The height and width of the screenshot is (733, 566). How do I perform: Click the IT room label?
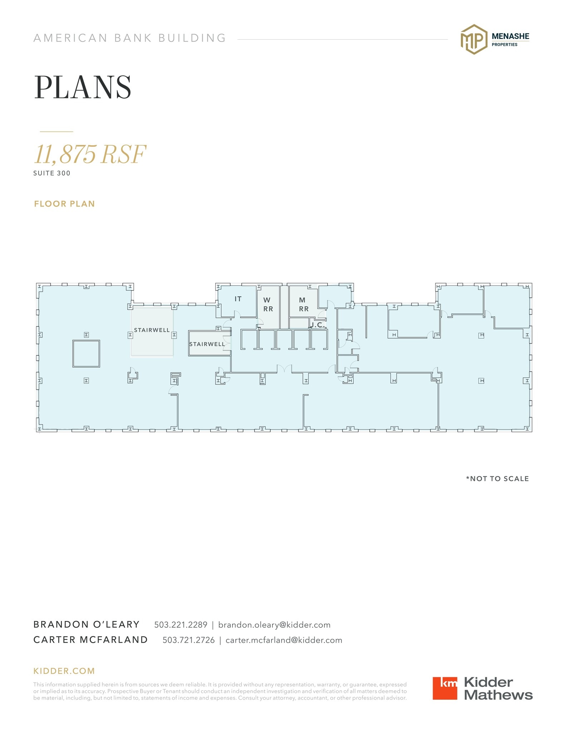[238, 299]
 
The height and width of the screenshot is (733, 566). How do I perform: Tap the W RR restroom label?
[268, 304]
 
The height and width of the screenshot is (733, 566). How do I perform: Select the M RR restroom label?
[303, 304]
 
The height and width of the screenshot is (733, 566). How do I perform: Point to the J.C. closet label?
[317, 325]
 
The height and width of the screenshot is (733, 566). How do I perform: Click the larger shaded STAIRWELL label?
[152, 330]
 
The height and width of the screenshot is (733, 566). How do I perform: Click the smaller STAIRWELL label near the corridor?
[207, 344]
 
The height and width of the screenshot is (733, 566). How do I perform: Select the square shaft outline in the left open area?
[86, 354]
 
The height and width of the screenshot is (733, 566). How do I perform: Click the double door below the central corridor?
[284, 369]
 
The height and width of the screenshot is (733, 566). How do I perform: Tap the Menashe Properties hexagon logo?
[474, 39]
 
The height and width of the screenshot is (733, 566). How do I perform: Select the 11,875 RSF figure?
[90, 154]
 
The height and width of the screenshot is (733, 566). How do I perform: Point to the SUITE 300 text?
[52, 173]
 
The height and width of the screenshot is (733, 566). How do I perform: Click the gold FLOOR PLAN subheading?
[64, 204]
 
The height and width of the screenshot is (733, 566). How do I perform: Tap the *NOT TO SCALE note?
[497, 479]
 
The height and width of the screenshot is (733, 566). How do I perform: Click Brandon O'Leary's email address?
[274, 625]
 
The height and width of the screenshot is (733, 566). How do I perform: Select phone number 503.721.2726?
[188, 640]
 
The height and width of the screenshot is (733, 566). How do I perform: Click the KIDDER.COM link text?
[64, 671]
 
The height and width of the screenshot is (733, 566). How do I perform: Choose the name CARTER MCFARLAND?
[90, 640]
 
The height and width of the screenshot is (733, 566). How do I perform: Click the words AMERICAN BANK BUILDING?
[130, 38]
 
